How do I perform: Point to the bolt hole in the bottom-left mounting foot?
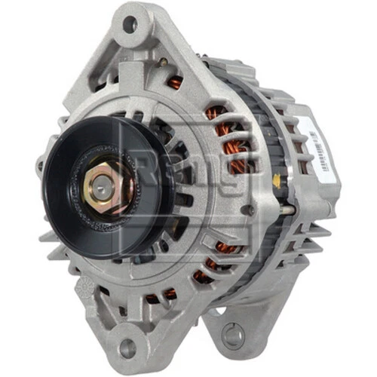(127, 348)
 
